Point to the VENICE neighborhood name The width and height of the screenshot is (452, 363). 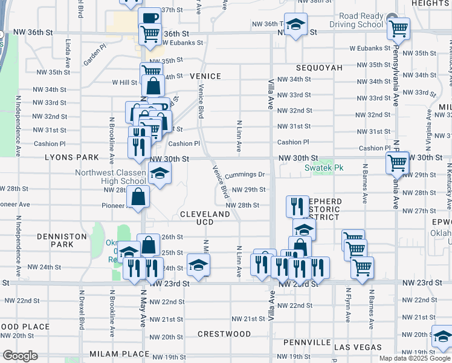point(205,76)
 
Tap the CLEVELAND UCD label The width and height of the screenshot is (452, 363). point(205,218)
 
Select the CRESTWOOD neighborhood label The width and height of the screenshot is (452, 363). point(224,334)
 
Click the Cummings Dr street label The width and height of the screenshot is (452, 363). point(245,175)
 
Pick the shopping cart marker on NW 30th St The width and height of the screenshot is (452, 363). point(397,162)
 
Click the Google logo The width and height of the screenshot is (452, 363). point(20,356)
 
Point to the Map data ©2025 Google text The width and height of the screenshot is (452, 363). point(415,358)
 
